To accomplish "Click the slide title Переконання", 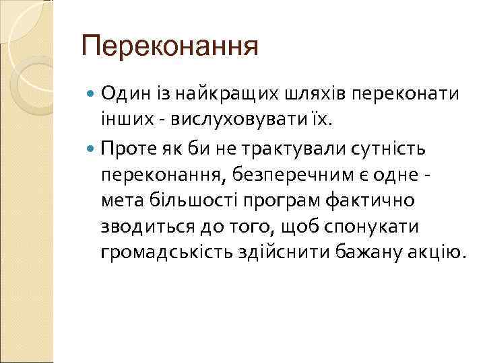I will (x=169, y=48).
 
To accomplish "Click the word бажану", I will (x=358, y=253).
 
